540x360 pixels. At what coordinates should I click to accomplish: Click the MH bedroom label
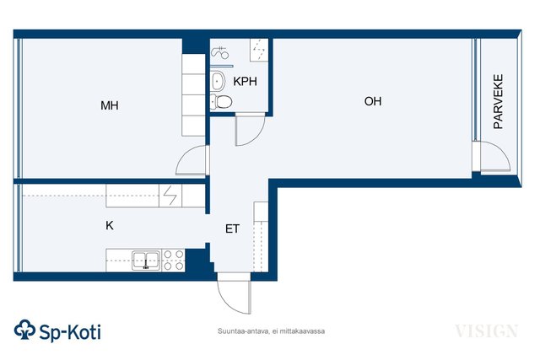[x=110, y=105]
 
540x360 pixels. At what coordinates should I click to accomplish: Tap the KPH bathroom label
[x=245, y=81]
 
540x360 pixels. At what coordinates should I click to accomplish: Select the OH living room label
[x=373, y=101]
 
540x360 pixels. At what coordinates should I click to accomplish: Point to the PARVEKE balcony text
[x=498, y=101]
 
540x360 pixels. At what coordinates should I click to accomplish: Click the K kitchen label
[x=110, y=225]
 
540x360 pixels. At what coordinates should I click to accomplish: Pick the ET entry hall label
[x=232, y=228]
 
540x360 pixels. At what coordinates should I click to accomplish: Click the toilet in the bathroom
[x=221, y=101]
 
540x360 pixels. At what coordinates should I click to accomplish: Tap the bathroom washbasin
[x=218, y=81]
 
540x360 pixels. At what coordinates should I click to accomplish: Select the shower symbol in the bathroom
[x=219, y=52]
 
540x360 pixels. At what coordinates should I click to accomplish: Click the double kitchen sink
[x=146, y=261]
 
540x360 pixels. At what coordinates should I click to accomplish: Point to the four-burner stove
[x=174, y=261]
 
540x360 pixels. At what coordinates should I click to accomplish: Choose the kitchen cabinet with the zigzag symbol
[x=170, y=196]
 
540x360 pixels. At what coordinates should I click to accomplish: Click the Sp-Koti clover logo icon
[x=24, y=330]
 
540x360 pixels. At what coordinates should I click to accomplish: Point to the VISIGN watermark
[x=486, y=331]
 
